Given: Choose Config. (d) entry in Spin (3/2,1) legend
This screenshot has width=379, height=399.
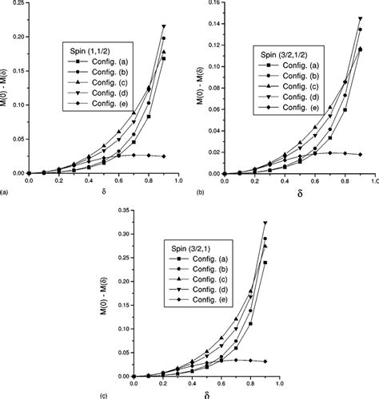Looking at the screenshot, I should (201, 290).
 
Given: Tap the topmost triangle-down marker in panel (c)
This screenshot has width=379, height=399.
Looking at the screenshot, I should (265, 223).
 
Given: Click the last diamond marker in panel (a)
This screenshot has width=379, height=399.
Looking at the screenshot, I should (164, 156).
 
